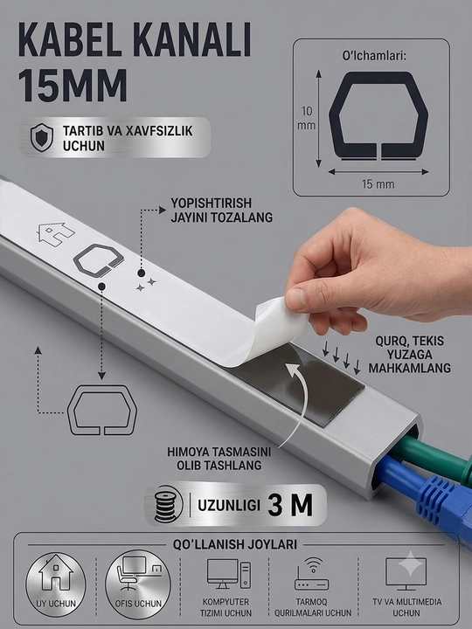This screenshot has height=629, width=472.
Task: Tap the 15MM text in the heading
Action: click(x=73, y=85)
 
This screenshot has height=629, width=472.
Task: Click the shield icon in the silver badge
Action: click(x=42, y=138)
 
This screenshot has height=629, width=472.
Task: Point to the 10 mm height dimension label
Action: click(x=306, y=118)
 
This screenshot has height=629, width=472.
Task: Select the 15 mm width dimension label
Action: click(x=378, y=184)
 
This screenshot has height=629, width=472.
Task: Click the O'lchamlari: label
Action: click(x=374, y=56)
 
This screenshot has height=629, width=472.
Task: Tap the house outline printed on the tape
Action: click(x=56, y=234)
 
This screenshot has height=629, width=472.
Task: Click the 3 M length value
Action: click(x=290, y=505)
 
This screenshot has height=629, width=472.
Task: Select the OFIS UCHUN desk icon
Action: click(x=138, y=572)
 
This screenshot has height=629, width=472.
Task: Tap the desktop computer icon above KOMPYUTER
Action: click(x=229, y=574)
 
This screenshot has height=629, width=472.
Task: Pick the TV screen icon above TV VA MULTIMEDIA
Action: click(x=406, y=574)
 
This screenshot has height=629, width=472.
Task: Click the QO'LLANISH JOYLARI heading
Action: click(x=235, y=544)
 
